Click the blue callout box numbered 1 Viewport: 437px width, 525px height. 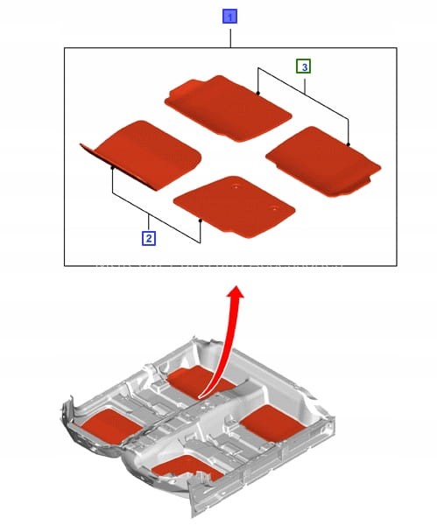[230, 17]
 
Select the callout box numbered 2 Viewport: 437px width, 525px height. [149, 238]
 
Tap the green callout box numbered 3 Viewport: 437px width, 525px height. [304, 66]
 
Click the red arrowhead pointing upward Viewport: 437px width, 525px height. [236, 291]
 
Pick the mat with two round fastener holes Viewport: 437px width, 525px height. [235, 207]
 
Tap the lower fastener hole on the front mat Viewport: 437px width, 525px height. [275, 208]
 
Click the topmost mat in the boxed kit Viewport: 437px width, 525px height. [228, 108]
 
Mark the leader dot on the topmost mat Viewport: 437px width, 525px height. [257, 93]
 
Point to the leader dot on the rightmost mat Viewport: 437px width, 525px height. [349, 144]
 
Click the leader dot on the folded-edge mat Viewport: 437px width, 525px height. [113, 168]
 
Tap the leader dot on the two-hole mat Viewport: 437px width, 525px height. [200, 220]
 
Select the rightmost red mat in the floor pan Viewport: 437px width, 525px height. [272, 423]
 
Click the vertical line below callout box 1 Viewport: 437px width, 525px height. [230, 38]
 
